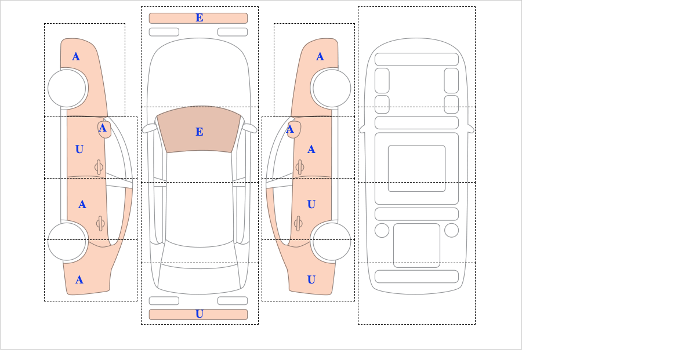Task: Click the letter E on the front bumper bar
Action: tap(200, 18)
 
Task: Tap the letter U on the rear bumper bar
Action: tap(200, 314)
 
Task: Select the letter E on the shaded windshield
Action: tap(200, 132)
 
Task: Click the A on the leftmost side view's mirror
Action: tap(103, 128)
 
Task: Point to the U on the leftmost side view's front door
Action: tap(79, 150)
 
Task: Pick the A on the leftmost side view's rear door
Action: tap(82, 205)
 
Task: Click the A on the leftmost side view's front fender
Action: tap(76, 57)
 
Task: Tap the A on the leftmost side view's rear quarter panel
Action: tap(79, 280)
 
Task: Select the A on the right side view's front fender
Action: tap(320, 57)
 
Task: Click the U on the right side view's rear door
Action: tap(311, 205)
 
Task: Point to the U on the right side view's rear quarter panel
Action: tap(311, 280)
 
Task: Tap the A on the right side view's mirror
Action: tap(290, 129)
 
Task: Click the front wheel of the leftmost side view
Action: tap(67, 88)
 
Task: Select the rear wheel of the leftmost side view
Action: tap(67, 241)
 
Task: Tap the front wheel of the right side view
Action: tap(332, 88)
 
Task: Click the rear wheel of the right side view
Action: tap(332, 241)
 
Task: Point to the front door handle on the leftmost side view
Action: tap(99, 168)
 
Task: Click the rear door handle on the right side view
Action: tap(298, 223)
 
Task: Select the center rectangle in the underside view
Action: tap(416, 168)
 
